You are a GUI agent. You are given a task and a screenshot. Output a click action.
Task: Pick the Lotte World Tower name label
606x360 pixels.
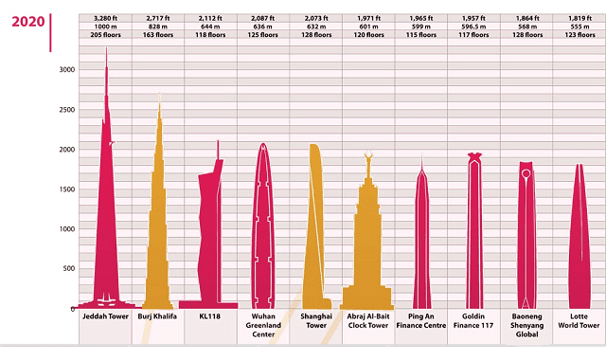coord(579,322)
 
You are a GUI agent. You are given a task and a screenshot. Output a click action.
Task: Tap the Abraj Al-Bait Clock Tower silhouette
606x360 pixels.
coord(368,246)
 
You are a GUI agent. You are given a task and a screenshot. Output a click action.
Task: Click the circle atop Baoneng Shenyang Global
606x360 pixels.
coord(526,173)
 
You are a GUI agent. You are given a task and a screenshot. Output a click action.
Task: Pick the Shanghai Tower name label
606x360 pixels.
coord(316,322)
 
